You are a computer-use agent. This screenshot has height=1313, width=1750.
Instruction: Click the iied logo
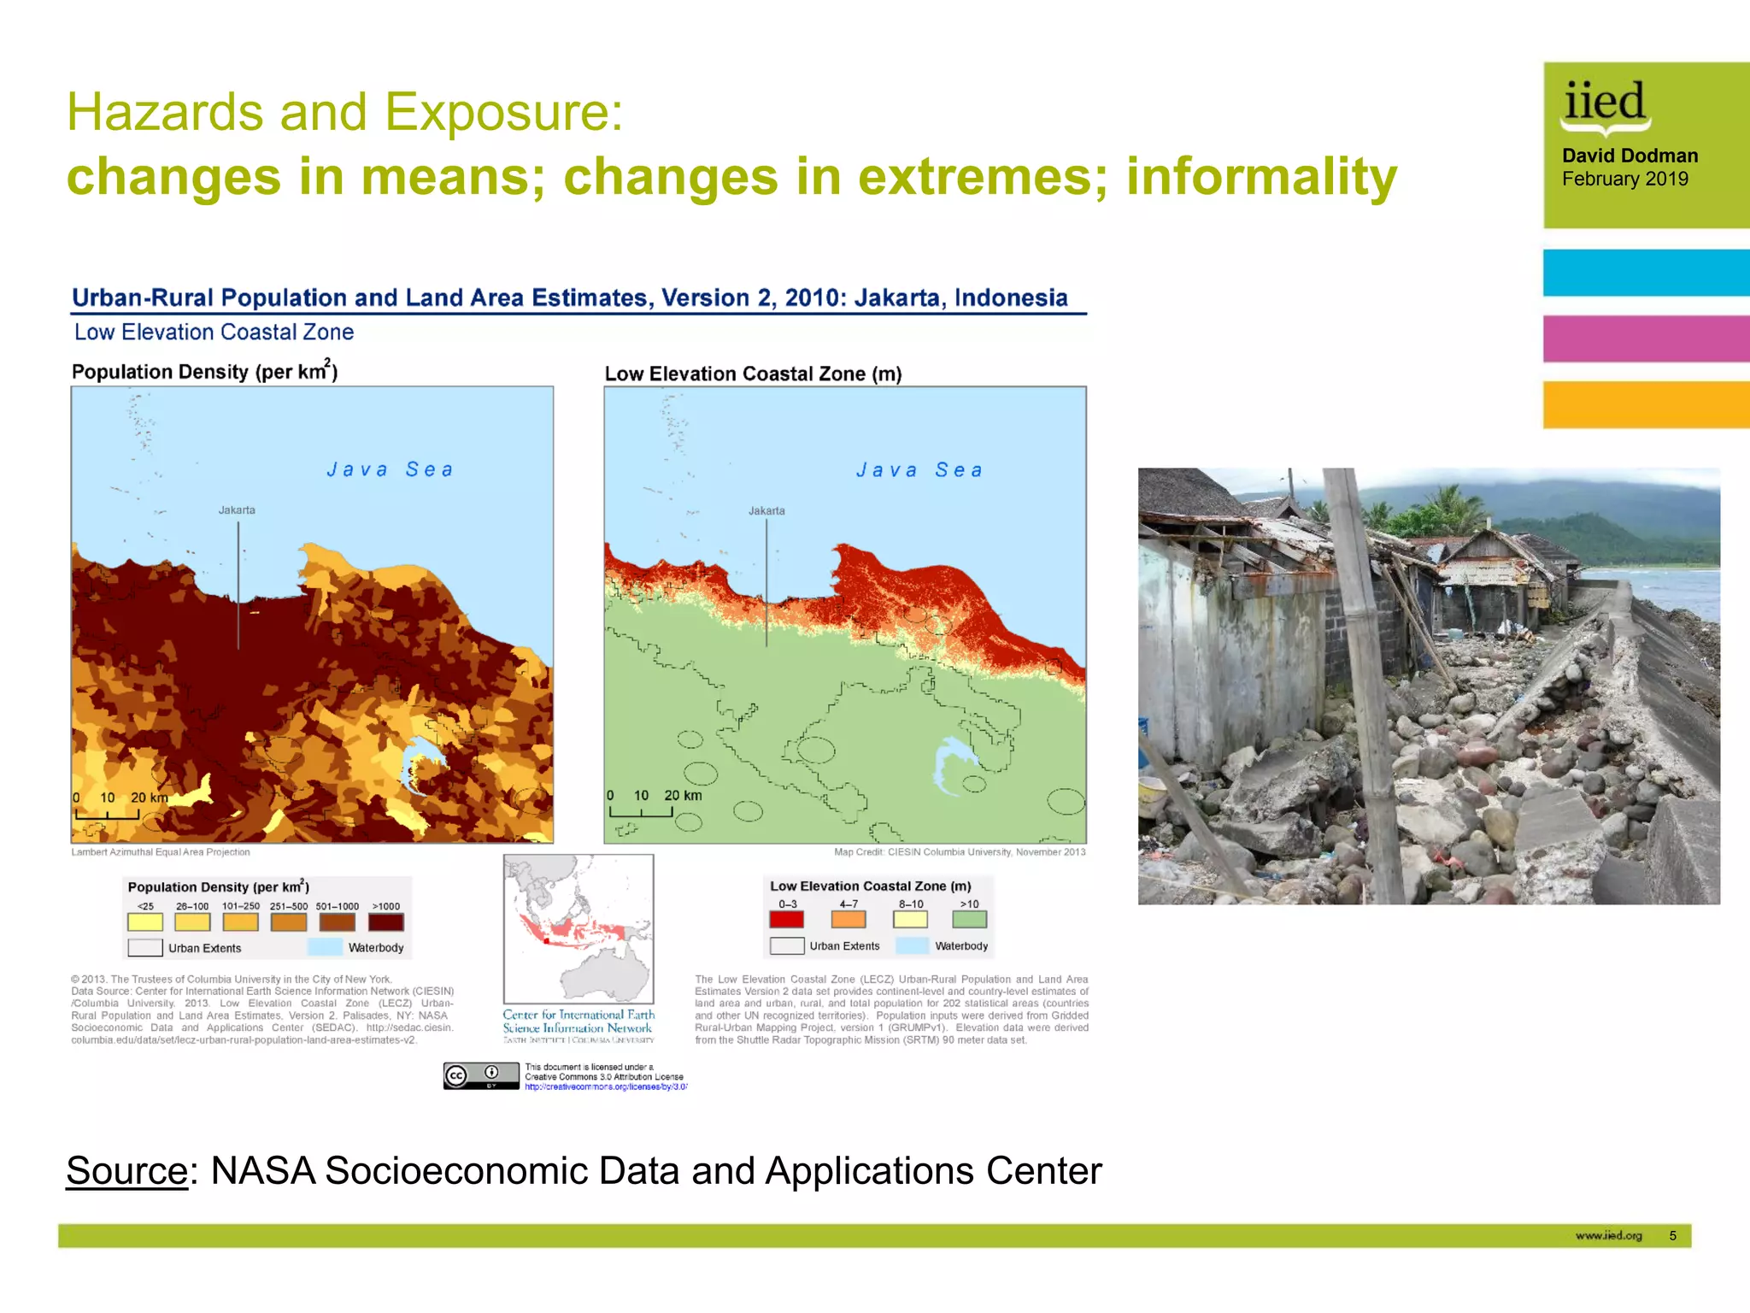pyautogui.click(x=1605, y=106)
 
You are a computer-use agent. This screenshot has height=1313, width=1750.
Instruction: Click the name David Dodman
pyautogui.click(x=1630, y=156)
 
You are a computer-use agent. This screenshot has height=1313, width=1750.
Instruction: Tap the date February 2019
pyautogui.click(x=1624, y=179)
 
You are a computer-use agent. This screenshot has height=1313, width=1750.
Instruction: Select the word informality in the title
pyautogui.click(x=1261, y=176)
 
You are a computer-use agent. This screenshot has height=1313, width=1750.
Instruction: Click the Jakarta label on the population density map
pyautogui.click(x=237, y=510)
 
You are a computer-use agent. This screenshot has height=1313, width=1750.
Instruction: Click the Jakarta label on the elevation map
pyautogui.click(x=766, y=511)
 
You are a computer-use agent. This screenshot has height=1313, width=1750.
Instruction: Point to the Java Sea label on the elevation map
pyautogui.click(x=919, y=470)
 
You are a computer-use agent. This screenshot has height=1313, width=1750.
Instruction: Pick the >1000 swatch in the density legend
pyautogui.click(x=385, y=922)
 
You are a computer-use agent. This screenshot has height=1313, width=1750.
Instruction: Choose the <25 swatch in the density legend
pyautogui.click(x=145, y=922)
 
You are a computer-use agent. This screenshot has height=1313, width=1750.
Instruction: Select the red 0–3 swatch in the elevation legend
pyautogui.click(x=786, y=920)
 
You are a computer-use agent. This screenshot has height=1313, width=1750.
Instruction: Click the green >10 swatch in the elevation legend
pyautogui.click(x=969, y=920)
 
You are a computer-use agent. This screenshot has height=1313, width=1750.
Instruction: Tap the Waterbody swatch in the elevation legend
pyautogui.click(x=912, y=945)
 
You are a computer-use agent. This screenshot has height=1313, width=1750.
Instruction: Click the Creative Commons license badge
pyautogui.click(x=481, y=1075)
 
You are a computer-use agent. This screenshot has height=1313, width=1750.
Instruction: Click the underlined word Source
pyautogui.click(x=126, y=1171)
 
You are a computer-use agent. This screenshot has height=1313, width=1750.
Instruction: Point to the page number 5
pyautogui.click(x=1672, y=1235)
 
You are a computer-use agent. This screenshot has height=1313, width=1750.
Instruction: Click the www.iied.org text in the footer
pyautogui.click(x=1608, y=1235)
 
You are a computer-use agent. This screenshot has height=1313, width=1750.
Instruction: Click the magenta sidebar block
pyautogui.click(x=1646, y=339)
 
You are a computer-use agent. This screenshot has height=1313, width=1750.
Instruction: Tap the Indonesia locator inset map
pyautogui.click(x=578, y=928)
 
